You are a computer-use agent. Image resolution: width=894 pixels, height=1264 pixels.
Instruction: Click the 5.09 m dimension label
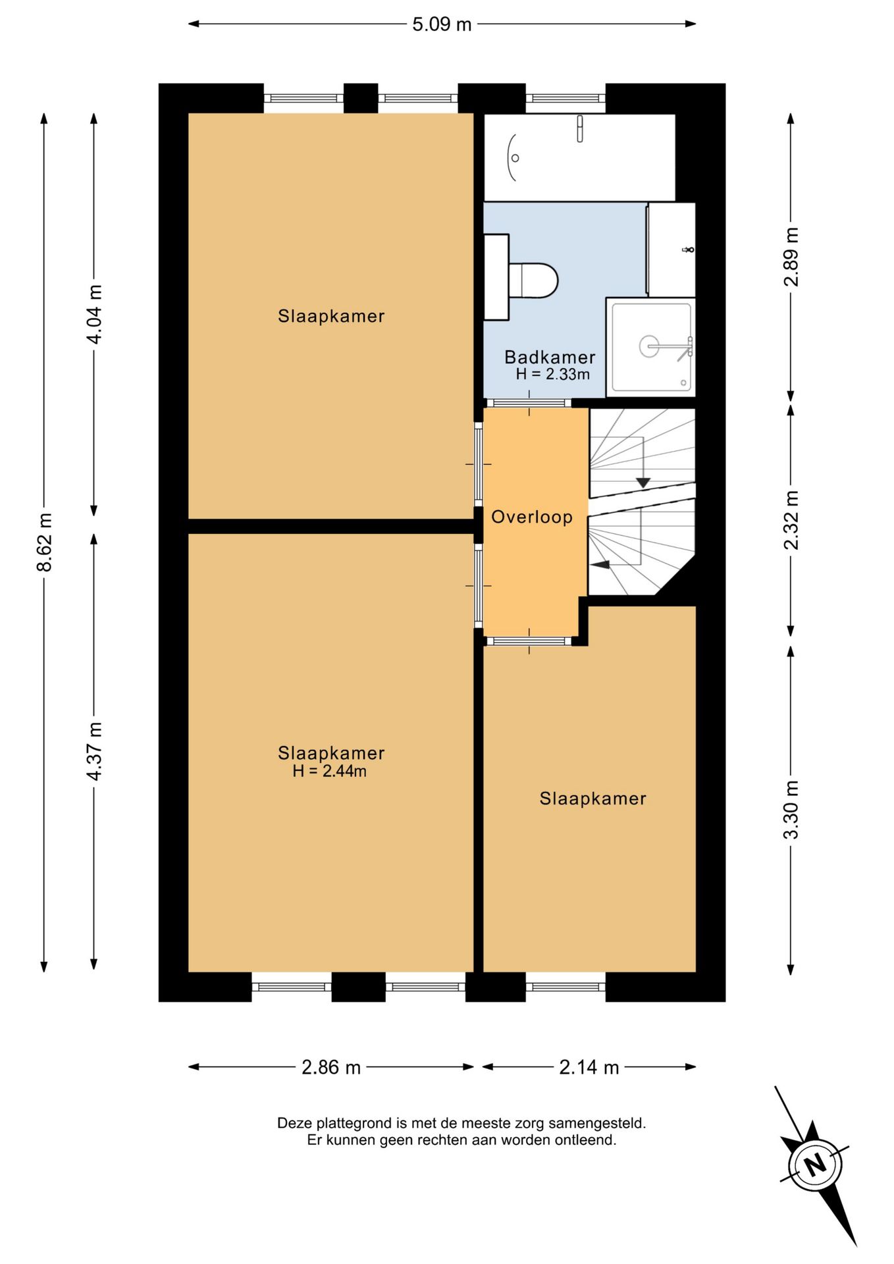click(442, 24)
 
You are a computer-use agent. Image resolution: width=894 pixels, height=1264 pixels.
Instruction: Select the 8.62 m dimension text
click(45, 542)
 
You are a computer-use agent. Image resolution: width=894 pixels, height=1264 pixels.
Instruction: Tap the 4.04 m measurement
click(94, 313)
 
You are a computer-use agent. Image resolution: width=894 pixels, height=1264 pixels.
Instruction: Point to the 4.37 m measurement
click(94, 751)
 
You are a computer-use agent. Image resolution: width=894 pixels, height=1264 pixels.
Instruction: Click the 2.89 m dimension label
click(791, 257)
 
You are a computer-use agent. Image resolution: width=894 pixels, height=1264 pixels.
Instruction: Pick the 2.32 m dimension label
click(791, 520)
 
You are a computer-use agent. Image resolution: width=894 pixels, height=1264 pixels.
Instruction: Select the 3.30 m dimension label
click(791, 809)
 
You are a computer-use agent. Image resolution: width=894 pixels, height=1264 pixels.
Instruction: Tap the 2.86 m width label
click(331, 1067)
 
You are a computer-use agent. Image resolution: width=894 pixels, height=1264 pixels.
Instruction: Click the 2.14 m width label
click(589, 1067)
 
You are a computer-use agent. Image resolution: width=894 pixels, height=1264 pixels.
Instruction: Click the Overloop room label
click(532, 517)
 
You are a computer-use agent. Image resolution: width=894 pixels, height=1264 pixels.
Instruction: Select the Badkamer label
click(550, 357)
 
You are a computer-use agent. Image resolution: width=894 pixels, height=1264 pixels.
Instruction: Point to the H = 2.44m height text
click(330, 771)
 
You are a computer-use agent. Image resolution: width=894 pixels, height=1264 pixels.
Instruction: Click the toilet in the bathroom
click(533, 280)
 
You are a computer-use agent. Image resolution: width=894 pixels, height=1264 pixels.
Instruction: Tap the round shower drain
click(648, 346)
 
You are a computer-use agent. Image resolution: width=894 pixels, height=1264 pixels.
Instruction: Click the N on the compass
click(816, 1165)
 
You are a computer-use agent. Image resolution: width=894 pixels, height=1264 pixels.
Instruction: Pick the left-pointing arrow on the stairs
click(599, 564)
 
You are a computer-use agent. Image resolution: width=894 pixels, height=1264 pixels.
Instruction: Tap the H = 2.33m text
click(553, 375)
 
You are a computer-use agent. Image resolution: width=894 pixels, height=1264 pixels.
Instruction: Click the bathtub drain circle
click(515, 158)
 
